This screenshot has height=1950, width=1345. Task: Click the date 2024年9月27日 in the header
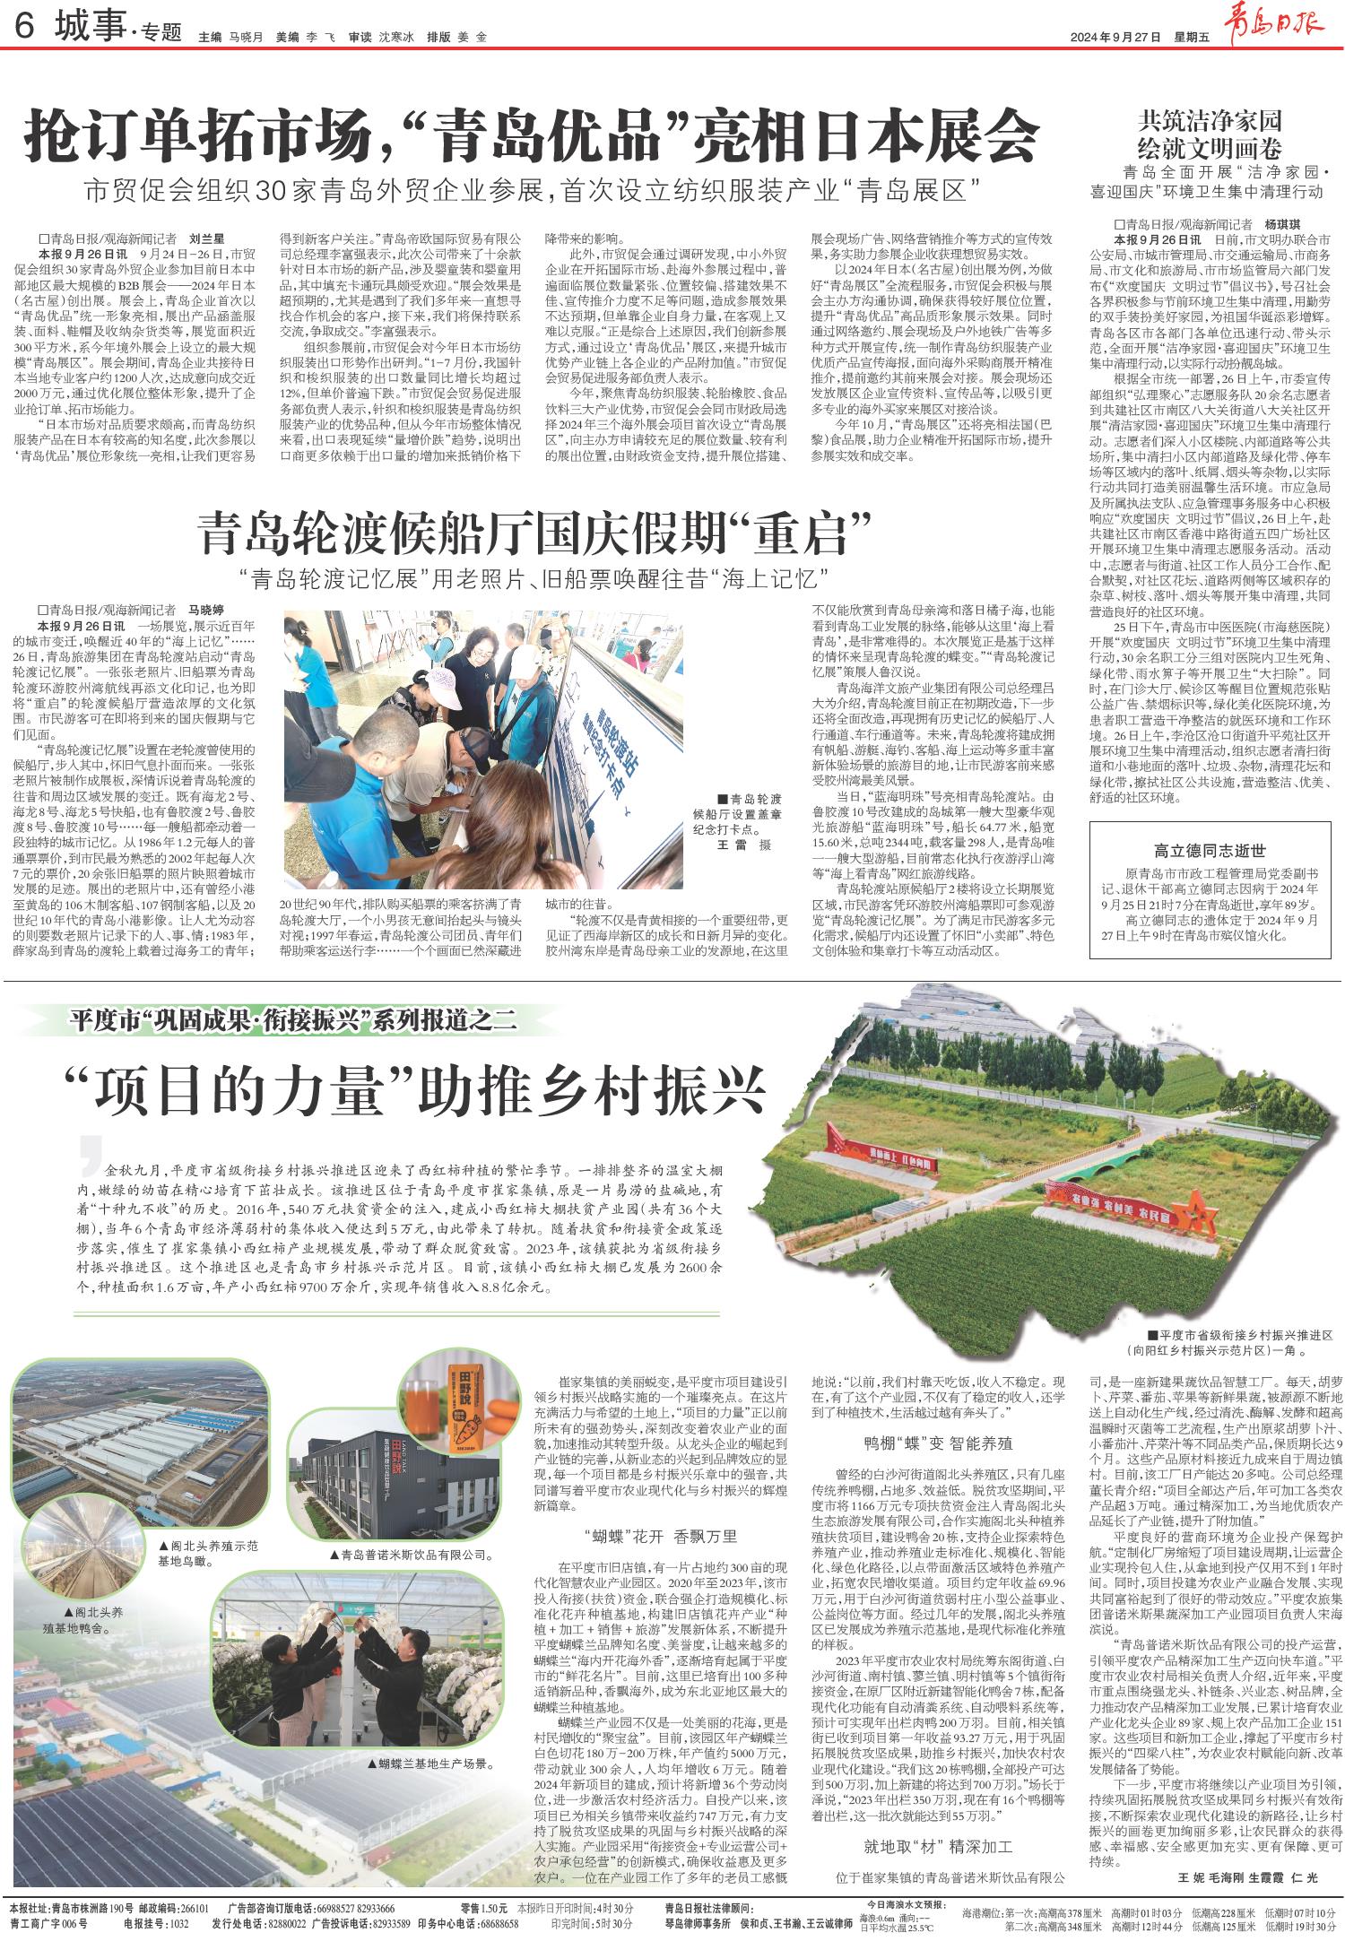1115,38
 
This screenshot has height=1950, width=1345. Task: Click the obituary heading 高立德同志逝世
1210,851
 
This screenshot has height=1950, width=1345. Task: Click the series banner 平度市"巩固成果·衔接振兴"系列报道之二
296,1019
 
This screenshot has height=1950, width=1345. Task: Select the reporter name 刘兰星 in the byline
205,239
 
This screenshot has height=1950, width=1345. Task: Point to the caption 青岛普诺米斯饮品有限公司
413,1554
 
